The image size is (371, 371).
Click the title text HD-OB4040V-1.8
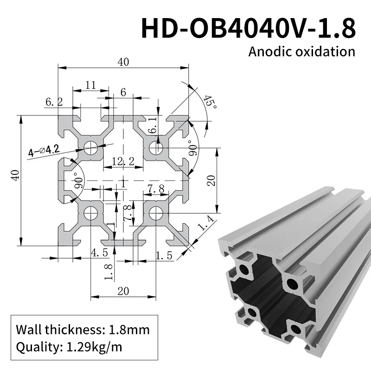249,27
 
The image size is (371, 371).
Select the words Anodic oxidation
301,51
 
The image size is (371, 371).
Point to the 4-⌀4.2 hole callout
44,150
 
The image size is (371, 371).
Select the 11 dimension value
90,85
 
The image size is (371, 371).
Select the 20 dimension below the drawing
123,291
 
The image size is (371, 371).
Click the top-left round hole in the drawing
90,148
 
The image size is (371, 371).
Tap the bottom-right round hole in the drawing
156,213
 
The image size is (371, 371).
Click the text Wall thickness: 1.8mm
83,330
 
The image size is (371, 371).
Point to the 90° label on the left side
77,179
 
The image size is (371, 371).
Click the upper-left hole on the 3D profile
244,269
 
